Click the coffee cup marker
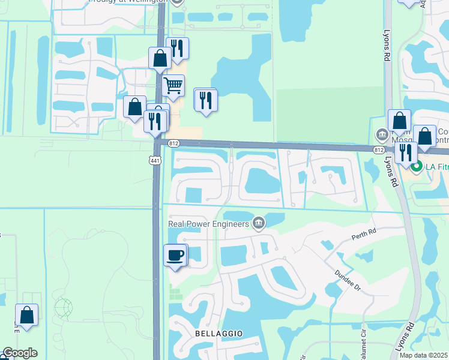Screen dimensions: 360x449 click(175, 256)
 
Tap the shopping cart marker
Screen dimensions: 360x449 click(173, 85)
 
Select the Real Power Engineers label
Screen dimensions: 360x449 click(208, 224)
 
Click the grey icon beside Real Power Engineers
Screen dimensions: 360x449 click(259, 224)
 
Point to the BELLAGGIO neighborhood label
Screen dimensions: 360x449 click(218, 332)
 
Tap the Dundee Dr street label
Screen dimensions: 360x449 click(349, 279)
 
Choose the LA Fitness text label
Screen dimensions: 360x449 click(437, 166)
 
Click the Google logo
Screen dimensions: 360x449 click(19, 353)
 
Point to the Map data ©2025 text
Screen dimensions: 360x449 click(423, 355)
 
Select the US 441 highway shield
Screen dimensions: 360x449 click(155, 160)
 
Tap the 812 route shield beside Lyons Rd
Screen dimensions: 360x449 click(378, 149)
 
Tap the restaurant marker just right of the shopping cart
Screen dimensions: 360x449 click(205, 100)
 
